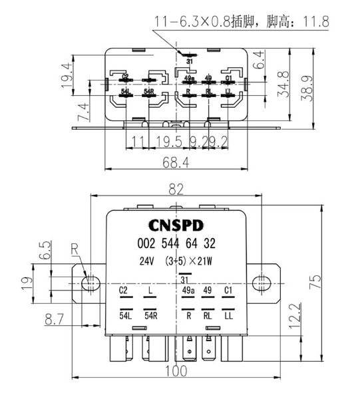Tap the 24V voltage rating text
tap(147, 261)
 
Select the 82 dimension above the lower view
tap(176, 190)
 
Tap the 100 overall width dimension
tap(176, 372)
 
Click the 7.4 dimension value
tap(81, 110)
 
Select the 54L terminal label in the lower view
tap(125, 315)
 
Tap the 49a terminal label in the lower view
tap(188, 291)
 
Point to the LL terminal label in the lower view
tap(228, 315)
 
